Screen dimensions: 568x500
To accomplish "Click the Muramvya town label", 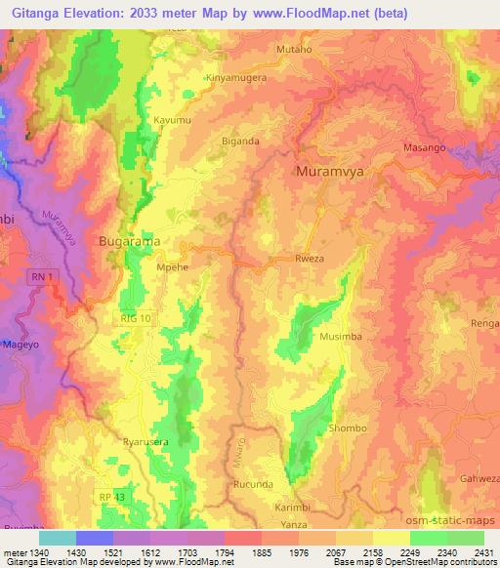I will [x=331, y=171].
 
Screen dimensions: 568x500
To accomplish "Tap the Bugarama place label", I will [x=128, y=238].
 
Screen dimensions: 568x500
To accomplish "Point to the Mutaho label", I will [x=293, y=47].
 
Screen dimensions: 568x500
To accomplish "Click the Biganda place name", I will [x=241, y=141].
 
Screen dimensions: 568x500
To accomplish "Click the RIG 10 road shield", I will [x=135, y=318].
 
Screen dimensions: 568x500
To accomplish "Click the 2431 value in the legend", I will [x=479, y=551].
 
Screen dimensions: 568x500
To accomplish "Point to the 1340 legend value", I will [x=35, y=551].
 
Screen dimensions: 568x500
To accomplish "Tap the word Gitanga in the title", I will [x=34, y=12].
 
